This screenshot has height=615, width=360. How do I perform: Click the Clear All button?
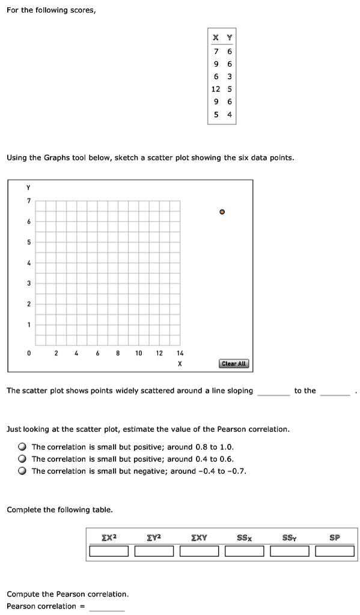[234, 363]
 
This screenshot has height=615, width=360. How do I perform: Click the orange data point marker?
[222, 212]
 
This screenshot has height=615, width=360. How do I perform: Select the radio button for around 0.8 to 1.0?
[22, 447]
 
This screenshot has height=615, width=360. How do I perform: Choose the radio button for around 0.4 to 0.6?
[22, 459]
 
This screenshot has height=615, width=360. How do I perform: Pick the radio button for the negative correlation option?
[22, 471]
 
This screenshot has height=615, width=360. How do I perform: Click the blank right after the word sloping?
[273, 391]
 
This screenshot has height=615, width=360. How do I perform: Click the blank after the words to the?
[335, 391]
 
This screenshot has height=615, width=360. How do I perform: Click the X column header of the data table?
[216, 37]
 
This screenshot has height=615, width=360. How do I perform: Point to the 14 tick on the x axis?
[180, 353]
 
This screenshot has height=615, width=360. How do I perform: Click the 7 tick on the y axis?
[28, 201]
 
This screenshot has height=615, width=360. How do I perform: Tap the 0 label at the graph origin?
[28, 353]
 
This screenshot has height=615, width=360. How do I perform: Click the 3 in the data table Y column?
[229, 76]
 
